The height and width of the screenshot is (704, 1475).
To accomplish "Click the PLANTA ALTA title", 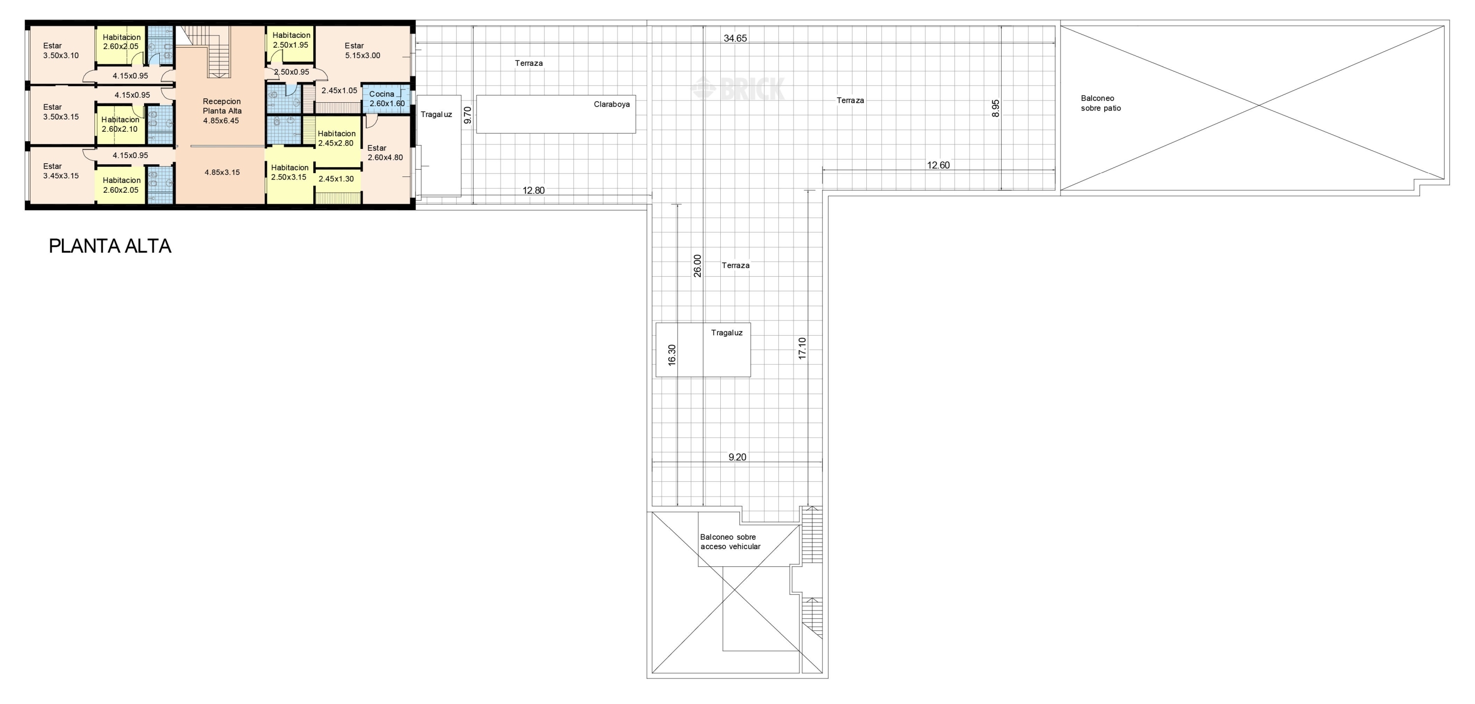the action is point(110,246).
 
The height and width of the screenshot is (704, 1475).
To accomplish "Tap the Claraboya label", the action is point(612,104).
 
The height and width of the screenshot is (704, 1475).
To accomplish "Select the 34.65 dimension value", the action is point(735,38).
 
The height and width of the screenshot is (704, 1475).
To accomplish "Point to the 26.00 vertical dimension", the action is point(697,265).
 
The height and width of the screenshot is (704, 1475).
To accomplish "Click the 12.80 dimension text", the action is point(533,191).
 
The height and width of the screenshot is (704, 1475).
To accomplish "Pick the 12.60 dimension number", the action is point(938,165).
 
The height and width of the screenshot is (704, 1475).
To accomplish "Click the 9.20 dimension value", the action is point(737,457).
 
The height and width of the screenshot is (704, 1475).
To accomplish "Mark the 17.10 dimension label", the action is point(802,348).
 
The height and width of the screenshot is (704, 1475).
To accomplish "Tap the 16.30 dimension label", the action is point(672,355).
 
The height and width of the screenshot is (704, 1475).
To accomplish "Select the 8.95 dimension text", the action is point(995,108).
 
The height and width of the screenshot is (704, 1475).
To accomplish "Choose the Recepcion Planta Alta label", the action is point(222,111).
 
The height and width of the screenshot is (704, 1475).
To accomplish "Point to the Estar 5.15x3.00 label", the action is point(362,50).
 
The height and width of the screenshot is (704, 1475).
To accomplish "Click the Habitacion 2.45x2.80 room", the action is point(337,139).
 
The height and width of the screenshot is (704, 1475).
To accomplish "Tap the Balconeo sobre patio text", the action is point(1100,103).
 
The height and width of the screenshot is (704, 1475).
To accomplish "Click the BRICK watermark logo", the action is point(738,88).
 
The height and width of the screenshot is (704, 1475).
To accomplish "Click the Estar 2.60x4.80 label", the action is point(385,153).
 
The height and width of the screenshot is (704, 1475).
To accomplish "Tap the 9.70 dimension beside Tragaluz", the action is point(467,115).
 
